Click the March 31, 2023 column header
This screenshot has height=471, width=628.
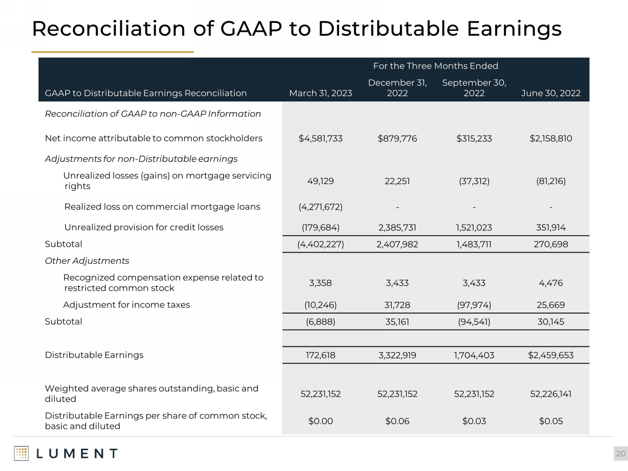pyautogui.click(x=320, y=93)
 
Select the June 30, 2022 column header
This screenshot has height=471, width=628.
pyautogui.click(x=551, y=93)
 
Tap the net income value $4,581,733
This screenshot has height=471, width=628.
pyautogui.click(x=320, y=139)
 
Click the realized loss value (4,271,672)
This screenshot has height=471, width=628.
pyautogui.click(x=320, y=207)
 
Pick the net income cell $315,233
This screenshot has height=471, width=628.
pyautogui.click(x=474, y=139)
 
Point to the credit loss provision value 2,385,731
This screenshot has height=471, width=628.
pyautogui.click(x=397, y=228)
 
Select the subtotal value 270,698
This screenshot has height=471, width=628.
pyautogui.click(x=551, y=244)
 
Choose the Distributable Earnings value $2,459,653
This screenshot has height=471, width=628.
pyautogui.click(x=551, y=356)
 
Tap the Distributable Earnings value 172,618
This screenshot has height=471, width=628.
pyautogui.click(x=320, y=356)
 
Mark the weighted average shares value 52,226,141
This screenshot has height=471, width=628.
pyautogui.click(x=551, y=394)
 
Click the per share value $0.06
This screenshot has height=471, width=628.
pyautogui.click(x=397, y=421)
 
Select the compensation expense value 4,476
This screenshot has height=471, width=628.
pyautogui.click(x=551, y=283)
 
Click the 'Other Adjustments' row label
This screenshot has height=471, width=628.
pyautogui.click(x=87, y=261)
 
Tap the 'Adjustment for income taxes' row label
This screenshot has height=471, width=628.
pyautogui.click(x=127, y=305)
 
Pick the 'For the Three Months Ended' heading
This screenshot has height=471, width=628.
pyautogui.click(x=435, y=66)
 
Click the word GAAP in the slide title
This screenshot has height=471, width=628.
pyautogui.click(x=251, y=29)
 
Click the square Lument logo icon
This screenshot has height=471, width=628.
pyautogui.click(x=21, y=453)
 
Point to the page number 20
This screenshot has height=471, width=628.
pyautogui.click(x=620, y=454)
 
